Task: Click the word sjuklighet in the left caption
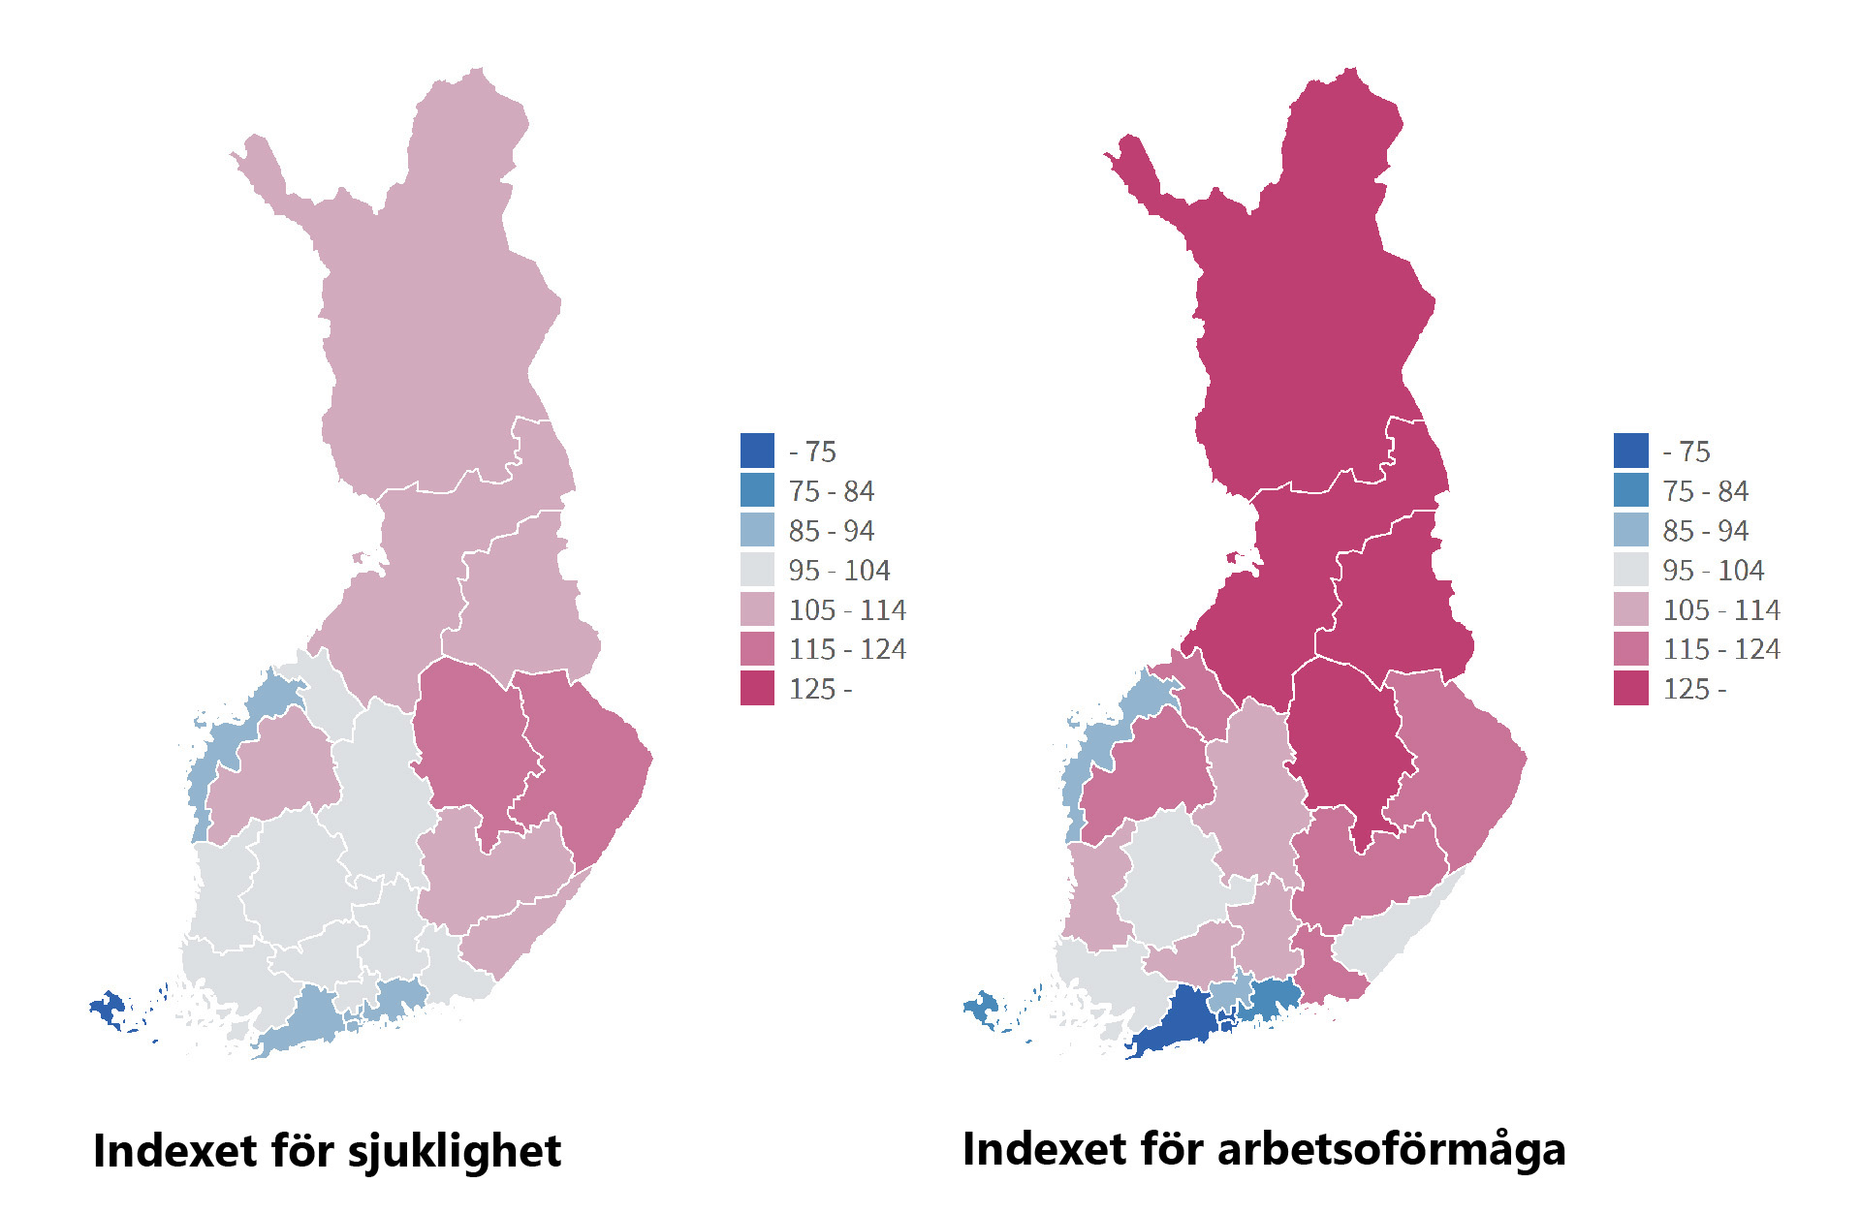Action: tap(454, 1152)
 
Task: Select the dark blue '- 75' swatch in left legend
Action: tap(757, 451)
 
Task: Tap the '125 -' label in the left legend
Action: tap(820, 689)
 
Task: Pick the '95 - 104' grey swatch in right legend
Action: tap(1630, 570)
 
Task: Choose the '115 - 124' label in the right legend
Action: tap(1721, 649)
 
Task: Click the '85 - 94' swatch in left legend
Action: tap(757, 530)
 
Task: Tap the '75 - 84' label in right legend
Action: tap(1705, 491)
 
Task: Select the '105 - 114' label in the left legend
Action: tap(847, 609)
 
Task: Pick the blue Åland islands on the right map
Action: tap(982, 1008)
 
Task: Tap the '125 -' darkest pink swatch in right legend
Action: tap(1630, 689)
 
